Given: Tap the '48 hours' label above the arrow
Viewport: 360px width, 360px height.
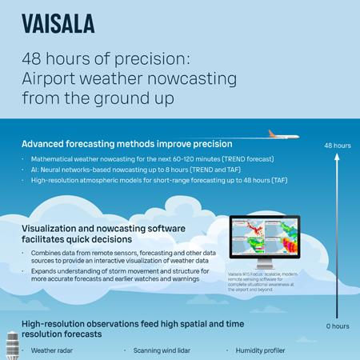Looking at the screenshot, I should tap(337, 146).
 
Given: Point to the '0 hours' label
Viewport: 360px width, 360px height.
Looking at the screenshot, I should tap(337, 326).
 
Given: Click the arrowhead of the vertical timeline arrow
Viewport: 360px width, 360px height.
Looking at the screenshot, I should tap(337, 158).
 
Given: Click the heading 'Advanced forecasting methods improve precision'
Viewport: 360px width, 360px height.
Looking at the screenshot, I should tap(126, 145).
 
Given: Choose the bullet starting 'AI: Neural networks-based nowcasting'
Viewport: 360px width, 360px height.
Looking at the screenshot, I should tap(128, 171).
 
